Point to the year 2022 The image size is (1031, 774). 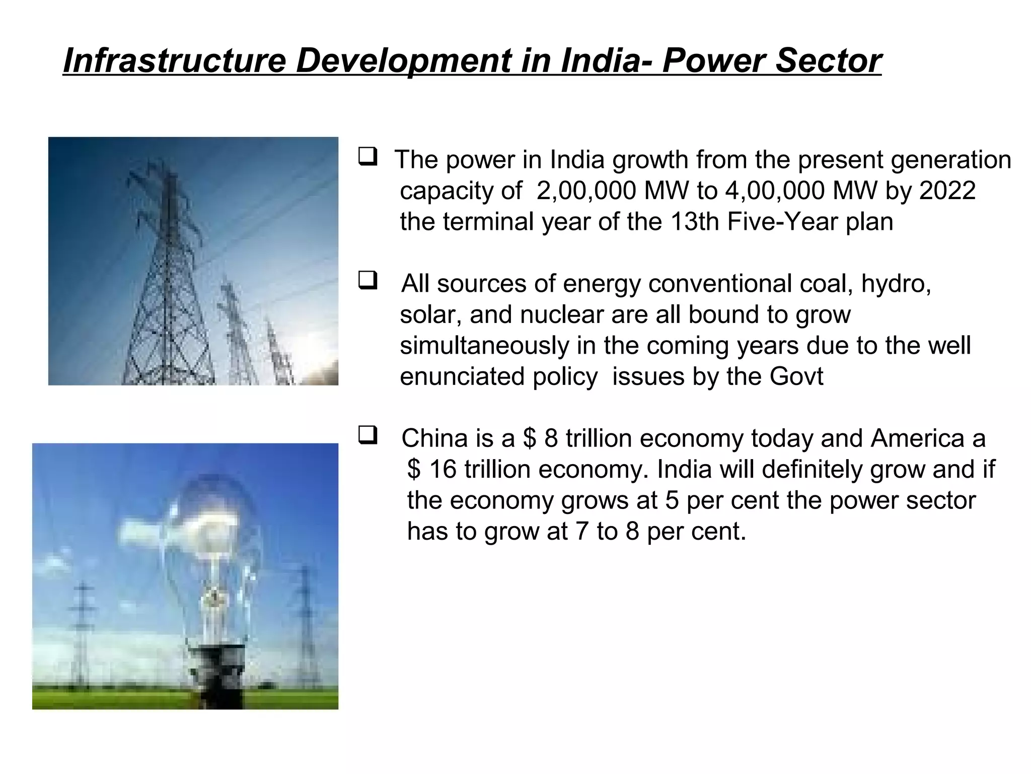948,191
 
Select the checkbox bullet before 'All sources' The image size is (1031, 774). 368,280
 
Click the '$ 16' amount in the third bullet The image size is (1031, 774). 431,470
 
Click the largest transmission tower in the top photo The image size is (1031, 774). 169,282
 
